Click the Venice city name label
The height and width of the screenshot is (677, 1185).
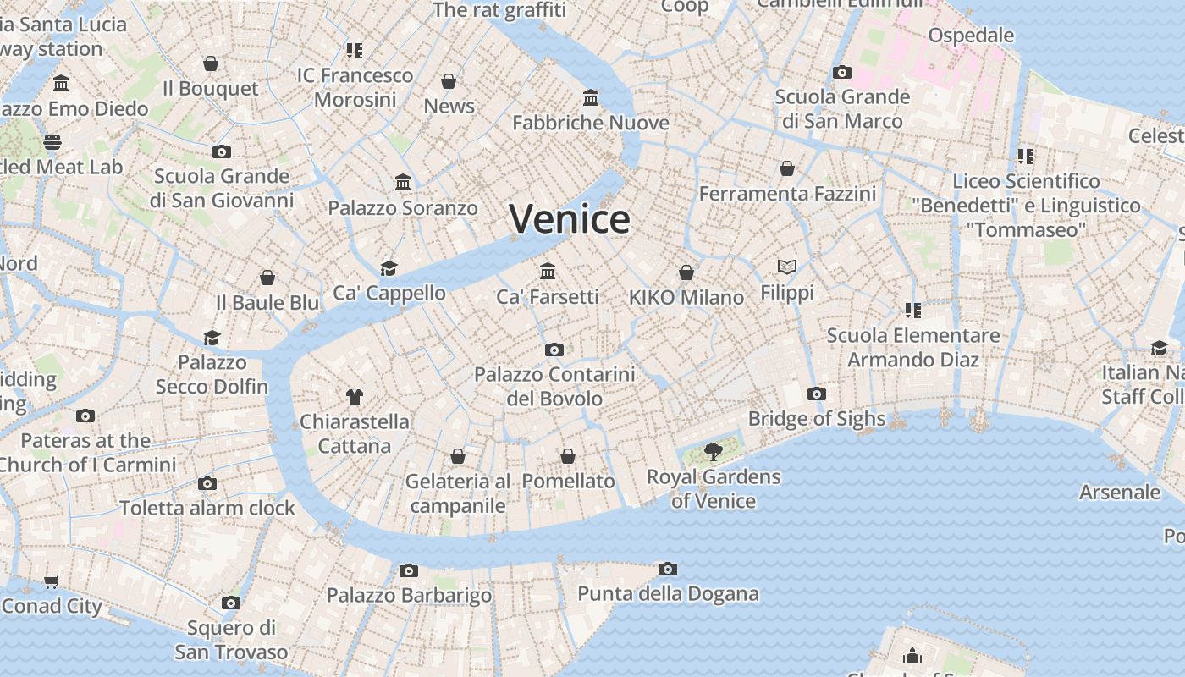tap(570, 219)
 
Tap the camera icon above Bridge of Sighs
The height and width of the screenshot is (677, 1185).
tap(817, 394)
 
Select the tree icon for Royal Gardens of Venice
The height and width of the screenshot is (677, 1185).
tap(713, 451)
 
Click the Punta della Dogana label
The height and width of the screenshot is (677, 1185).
tap(668, 593)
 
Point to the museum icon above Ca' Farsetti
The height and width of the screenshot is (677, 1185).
tap(548, 272)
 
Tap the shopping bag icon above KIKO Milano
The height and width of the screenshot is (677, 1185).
tap(686, 272)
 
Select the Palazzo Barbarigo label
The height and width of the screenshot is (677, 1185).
tap(409, 595)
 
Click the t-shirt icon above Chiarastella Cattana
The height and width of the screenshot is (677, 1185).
tap(354, 396)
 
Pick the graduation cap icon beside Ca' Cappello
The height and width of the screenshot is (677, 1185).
tap(389, 268)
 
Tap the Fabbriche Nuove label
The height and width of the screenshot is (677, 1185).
tap(591, 123)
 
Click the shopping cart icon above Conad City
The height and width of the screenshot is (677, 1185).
tap(52, 581)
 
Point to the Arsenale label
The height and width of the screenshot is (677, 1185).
tap(1120, 492)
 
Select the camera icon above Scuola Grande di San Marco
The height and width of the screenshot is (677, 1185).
tap(841, 72)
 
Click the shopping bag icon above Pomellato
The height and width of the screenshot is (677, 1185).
tap(568, 456)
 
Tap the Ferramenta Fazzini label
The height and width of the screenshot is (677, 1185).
tap(787, 194)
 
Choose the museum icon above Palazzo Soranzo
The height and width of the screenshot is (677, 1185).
tap(403, 183)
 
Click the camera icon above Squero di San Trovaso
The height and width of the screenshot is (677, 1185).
tap(231, 603)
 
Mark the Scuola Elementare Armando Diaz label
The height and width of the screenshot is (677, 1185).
tap(913, 347)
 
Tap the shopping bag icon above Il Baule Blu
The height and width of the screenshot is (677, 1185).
tap(267, 278)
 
